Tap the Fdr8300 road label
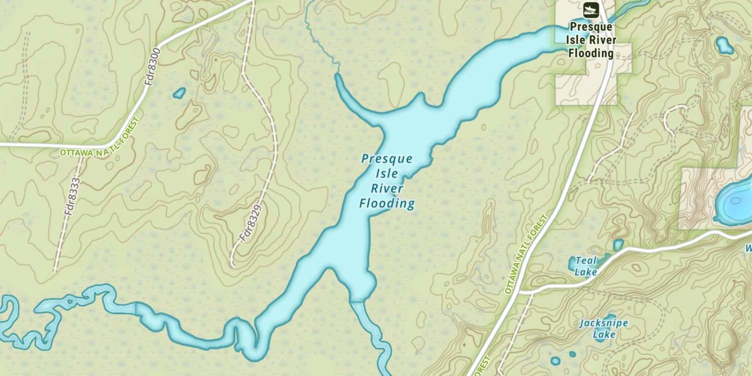[152, 66]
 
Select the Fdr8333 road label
[73, 196]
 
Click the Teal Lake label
[586, 266]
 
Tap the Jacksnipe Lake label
[603, 328]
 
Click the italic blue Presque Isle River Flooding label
[387, 181]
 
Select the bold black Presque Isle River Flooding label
[591, 40]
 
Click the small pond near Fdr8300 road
[179, 93]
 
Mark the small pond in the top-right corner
[724, 46]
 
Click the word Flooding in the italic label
[387, 203]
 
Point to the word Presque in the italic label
[387, 159]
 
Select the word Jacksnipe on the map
[603, 323]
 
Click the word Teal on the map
[586, 261]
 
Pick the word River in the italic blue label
[387, 189]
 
